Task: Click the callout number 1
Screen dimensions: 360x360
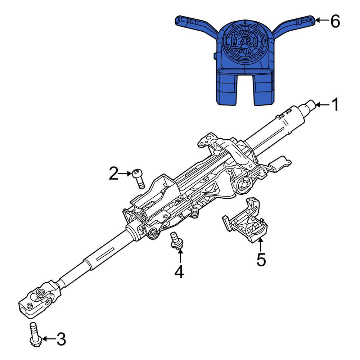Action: coord(336,104)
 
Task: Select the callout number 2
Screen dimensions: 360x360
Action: coord(114,174)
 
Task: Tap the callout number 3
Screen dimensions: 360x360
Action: coord(61,339)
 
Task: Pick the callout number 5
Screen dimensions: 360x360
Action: coord(261,260)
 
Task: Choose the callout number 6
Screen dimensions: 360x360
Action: coord(335,21)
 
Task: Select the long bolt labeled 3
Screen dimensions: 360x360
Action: coord(35,334)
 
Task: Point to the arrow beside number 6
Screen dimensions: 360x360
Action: coord(322,20)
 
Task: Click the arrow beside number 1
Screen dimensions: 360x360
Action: coord(323,105)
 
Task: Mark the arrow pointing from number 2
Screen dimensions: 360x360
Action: coord(125,174)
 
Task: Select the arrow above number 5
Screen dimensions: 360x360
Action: coord(261,245)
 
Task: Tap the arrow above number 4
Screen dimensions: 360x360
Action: coord(180,256)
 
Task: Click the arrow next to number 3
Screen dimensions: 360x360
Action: coord(49,339)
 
